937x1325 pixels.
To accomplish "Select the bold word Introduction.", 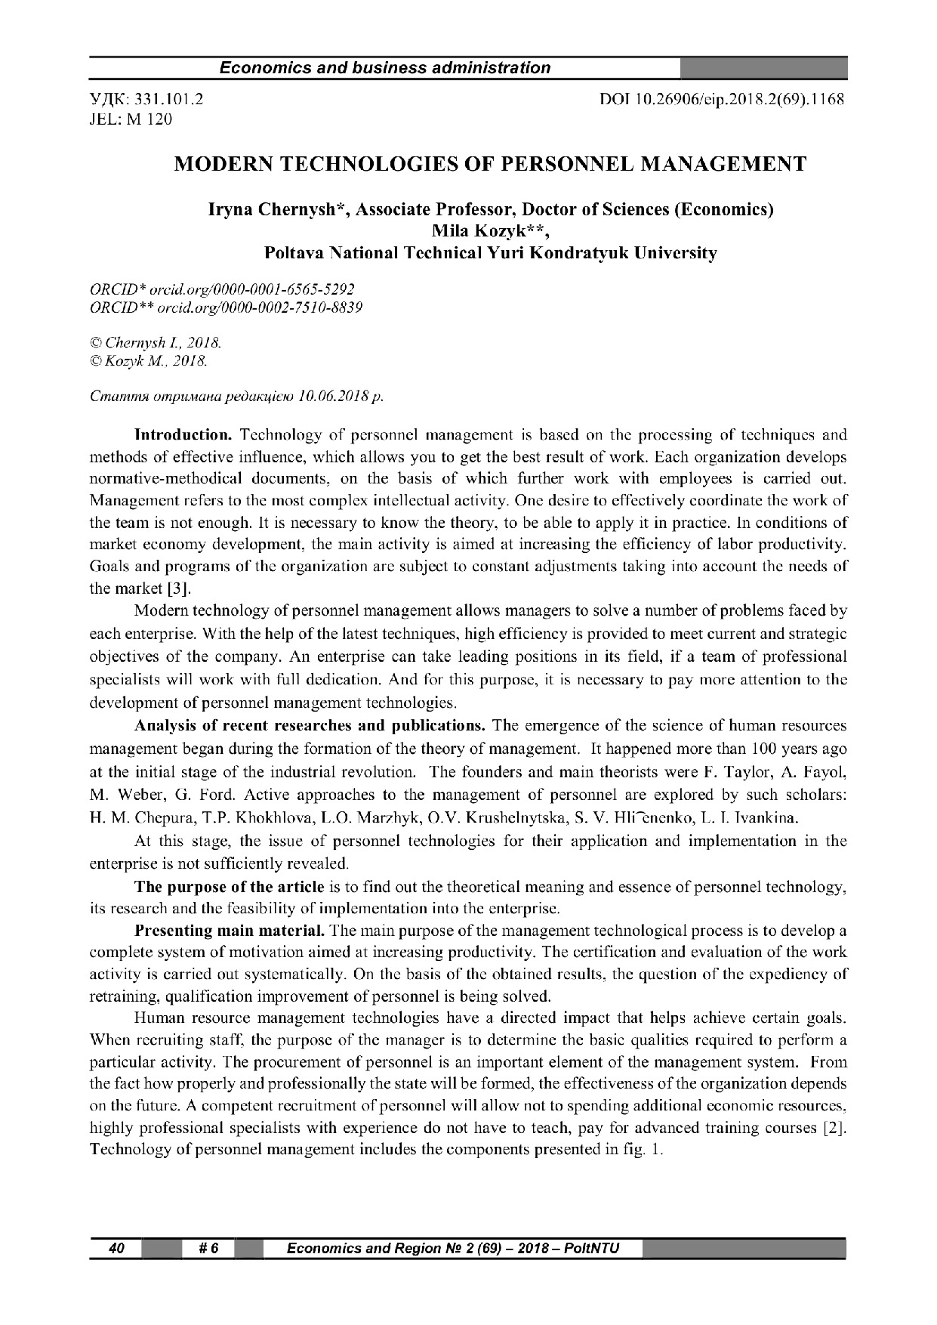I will (x=182, y=435).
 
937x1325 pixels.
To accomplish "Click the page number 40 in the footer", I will (x=117, y=1248).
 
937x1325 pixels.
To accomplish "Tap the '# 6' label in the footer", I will (x=208, y=1248).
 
